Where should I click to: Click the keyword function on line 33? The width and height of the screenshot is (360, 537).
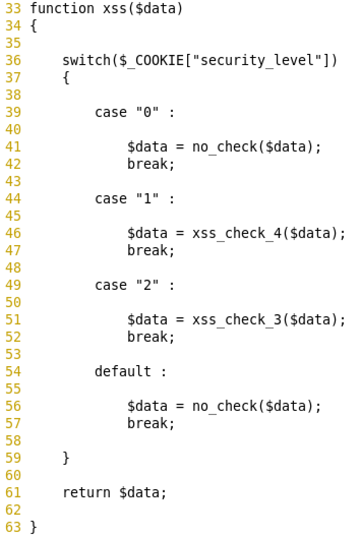(x=62, y=9)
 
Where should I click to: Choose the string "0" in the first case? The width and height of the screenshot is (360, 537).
(x=147, y=112)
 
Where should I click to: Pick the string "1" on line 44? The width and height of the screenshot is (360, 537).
(x=147, y=199)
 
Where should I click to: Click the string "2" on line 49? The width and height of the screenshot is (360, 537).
(x=147, y=285)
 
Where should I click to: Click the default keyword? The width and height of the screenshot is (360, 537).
(x=123, y=372)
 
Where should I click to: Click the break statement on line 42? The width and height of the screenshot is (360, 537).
(x=151, y=164)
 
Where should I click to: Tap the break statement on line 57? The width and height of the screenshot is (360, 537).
(x=151, y=424)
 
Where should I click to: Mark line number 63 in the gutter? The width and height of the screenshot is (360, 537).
(x=13, y=527)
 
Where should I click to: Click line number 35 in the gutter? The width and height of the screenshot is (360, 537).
(x=13, y=43)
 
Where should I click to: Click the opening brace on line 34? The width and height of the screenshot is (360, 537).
(x=34, y=26)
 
